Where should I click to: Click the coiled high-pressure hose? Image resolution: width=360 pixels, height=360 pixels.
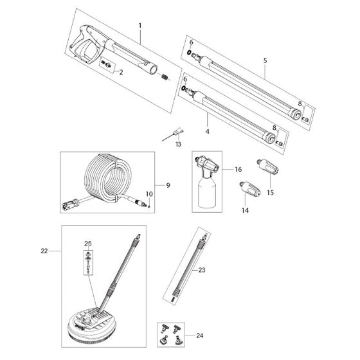click(x=113, y=176)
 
